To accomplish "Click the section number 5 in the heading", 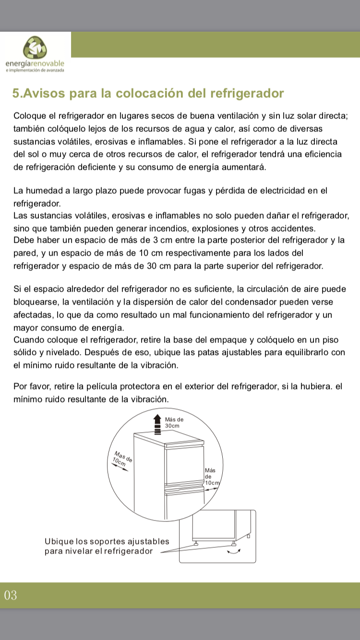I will tap(16, 93).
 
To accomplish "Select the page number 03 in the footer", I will tap(11, 596).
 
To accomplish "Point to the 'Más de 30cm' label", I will tap(174, 422).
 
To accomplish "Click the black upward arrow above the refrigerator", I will tap(157, 424).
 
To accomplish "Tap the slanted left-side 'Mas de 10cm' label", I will tap(121, 459).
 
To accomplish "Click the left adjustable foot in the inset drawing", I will tap(196, 544).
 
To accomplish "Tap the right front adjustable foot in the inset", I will tap(233, 544).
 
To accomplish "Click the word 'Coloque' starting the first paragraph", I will tap(29, 116).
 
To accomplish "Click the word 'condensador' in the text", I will tap(252, 302).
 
